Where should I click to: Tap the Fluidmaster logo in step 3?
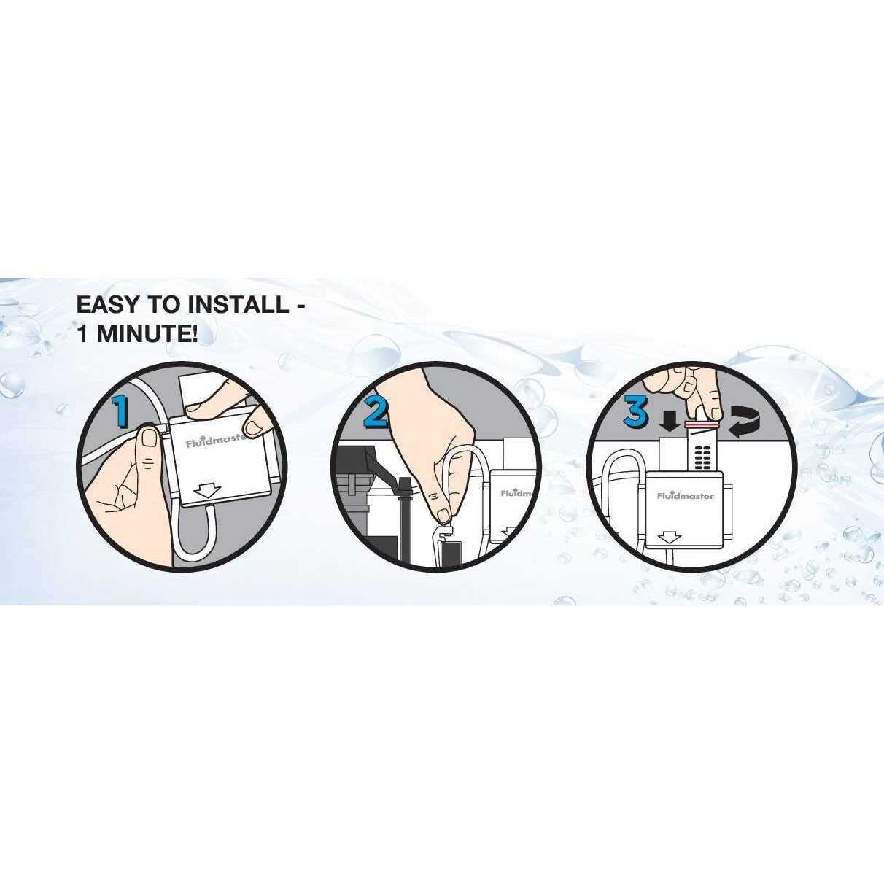tap(686, 495)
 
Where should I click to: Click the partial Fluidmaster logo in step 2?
tap(516, 493)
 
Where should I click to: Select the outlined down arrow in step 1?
tap(207, 491)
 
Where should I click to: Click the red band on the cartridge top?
tap(701, 424)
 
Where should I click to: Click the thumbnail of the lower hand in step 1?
tap(148, 436)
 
